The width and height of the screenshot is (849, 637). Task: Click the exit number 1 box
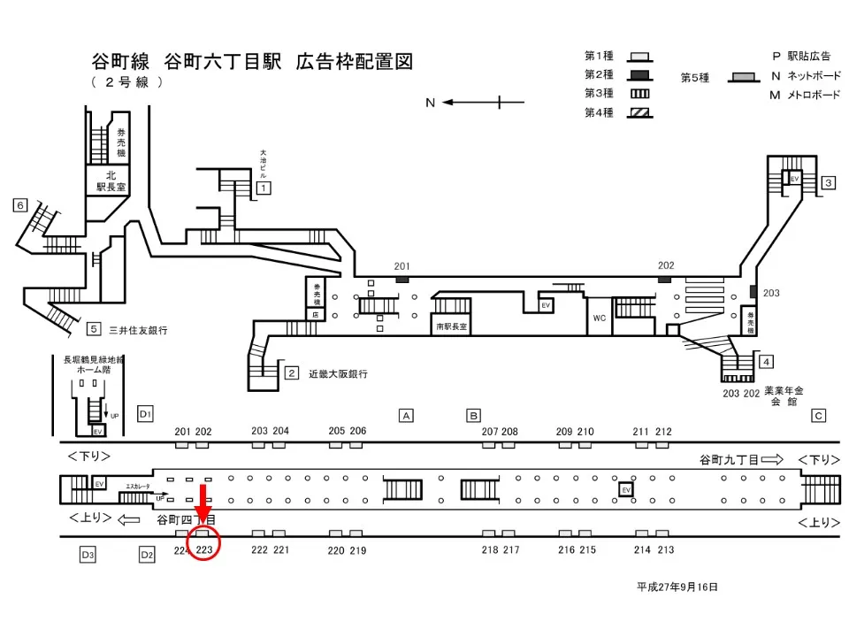click(264, 188)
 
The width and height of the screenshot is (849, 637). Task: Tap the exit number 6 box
click(20, 205)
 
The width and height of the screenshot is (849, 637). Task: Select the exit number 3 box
click(829, 183)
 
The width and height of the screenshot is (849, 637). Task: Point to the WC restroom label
click(599, 318)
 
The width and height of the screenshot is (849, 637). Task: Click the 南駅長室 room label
click(451, 326)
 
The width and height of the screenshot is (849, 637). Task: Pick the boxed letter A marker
click(406, 415)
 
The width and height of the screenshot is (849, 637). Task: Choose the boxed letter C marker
click(818, 415)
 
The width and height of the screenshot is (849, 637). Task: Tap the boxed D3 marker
click(87, 555)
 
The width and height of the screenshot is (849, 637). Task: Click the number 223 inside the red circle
click(204, 549)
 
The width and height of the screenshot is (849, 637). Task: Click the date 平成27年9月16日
click(677, 587)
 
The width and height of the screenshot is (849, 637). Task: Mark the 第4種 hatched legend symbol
click(639, 112)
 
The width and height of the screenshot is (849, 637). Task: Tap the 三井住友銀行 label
click(138, 330)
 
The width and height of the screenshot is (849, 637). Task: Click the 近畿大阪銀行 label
click(338, 373)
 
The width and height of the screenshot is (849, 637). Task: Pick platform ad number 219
click(357, 549)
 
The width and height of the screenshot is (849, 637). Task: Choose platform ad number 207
click(490, 431)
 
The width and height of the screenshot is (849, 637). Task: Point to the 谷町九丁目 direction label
click(729, 459)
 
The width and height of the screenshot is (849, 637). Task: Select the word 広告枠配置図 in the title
click(355, 62)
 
